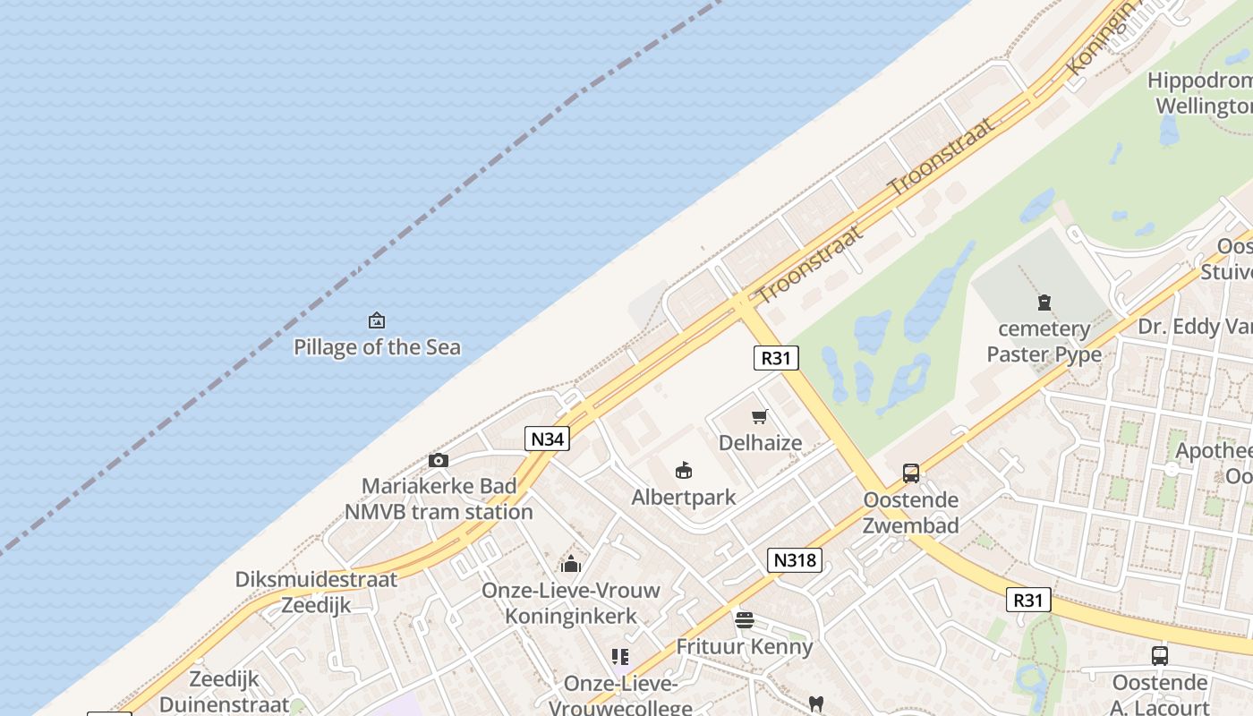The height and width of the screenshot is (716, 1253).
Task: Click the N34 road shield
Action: [547, 439]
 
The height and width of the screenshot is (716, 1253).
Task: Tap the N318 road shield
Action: [794, 560]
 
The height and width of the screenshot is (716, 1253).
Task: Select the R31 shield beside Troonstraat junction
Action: [775, 358]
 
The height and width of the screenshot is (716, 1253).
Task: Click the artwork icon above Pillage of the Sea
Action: [377, 320]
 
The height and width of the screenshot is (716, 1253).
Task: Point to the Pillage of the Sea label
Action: [377, 347]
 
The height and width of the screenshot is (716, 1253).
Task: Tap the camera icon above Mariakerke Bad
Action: [438, 460]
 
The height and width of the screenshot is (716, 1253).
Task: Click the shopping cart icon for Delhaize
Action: [760, 416]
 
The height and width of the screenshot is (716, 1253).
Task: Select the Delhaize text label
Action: [760, 443]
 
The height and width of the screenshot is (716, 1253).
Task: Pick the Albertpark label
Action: [684, 497]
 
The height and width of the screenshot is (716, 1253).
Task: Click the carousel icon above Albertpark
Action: [684, 470]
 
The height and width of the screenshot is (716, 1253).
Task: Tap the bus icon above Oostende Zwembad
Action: [911, 473]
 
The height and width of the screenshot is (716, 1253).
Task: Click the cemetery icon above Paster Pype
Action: [1044, 303]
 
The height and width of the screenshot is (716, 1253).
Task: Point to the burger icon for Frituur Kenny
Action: [744, 619]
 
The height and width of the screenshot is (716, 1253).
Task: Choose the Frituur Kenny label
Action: [744, 646]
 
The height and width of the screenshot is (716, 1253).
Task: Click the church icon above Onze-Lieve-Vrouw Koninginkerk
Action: [571, 564]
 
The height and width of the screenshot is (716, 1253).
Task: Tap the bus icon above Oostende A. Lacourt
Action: [1159, 656]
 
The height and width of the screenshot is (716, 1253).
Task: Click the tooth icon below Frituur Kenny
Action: [815, 703]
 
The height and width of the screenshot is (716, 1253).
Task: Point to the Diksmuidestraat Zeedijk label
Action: [316, 592]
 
